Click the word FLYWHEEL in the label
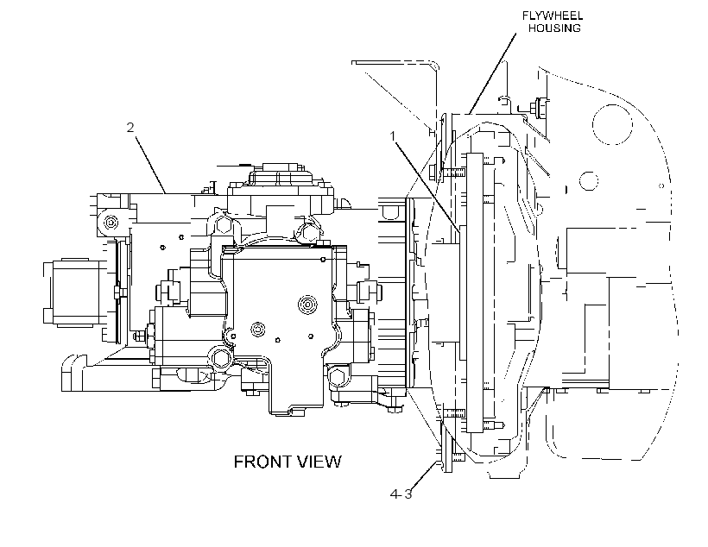(x=553, y=16)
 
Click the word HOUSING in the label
(x=554, y=28)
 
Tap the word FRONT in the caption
(x=261, y=462)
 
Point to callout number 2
(x=130, y=128)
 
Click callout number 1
(x=393, y=135)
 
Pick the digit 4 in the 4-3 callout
(x=395, y=494)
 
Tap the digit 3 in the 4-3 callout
(x=408, y=494)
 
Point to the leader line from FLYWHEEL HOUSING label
(x=493, y=73)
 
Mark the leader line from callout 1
(x=427, y=187)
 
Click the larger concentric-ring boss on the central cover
(x=307, y=304)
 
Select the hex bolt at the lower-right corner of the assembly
(x=338, y=375)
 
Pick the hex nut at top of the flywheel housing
(x=539, y=107)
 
